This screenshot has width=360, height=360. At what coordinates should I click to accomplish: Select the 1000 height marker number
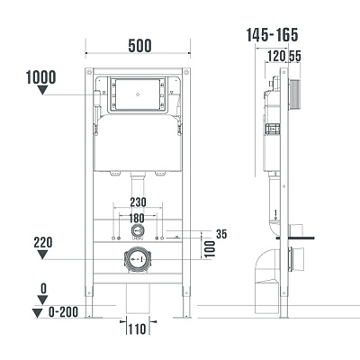[42, 76]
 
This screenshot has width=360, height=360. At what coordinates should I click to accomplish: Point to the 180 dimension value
[137, 218]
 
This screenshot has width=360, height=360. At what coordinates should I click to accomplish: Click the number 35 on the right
[222, 234]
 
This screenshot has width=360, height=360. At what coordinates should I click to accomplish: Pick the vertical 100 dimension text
[209, 246]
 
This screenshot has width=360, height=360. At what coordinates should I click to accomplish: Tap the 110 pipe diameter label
[137, 330]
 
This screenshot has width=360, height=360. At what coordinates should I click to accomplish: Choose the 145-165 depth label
[272, 35]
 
